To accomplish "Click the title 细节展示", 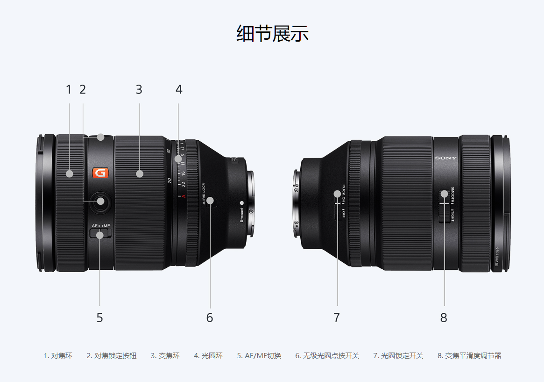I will (272, 34).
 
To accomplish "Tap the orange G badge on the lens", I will (100, 173).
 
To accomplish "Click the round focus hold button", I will (101, 202).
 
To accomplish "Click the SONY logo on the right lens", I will (446, 158).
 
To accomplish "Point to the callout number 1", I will (69, 89).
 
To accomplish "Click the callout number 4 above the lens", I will (178, 89).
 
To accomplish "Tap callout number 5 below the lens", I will (99, 318).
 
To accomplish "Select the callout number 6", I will (210, 318).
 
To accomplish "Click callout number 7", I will (337, 318).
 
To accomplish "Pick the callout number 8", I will (444, 318).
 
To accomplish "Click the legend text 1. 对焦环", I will (58, 356).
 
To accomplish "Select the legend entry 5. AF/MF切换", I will (259, 356).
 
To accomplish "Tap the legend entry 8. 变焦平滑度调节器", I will (469, 356).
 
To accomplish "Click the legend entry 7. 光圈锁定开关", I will (398, 356).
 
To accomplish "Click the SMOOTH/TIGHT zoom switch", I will (445, 206).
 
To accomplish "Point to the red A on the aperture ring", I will (184, 196).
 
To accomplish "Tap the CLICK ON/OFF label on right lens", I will (344, 202).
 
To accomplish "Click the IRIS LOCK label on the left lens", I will (203, 194).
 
